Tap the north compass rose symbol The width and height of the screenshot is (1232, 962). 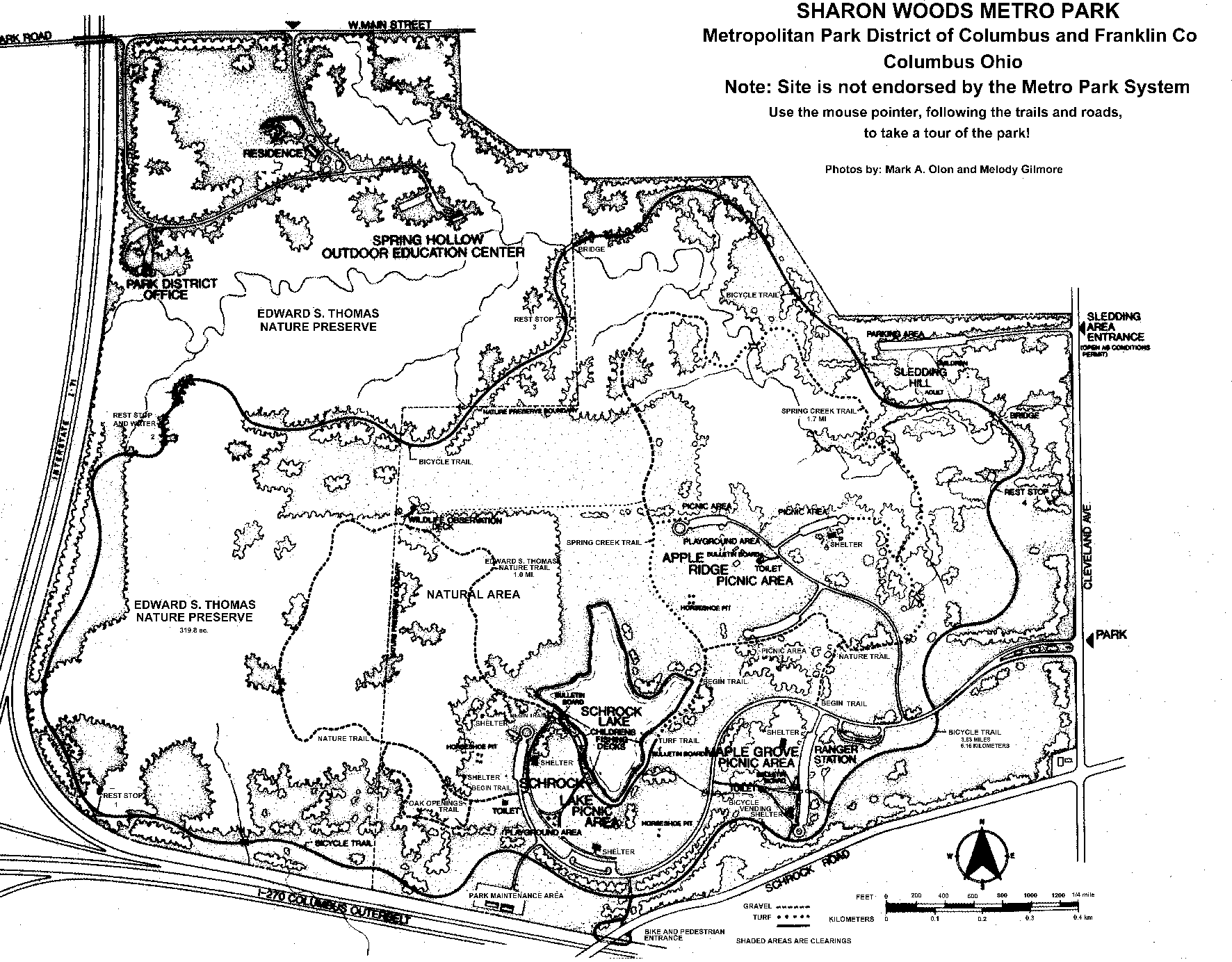[x=981, y=857]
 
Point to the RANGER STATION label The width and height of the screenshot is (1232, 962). [x=835, y=755]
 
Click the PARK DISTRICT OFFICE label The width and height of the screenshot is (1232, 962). [x=170, y=289]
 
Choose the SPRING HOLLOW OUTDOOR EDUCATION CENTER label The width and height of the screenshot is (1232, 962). [x=423, y=246]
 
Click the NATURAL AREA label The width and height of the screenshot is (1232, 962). [x=473, y=594]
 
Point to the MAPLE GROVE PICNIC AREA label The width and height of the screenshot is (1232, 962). [x=749, y=758]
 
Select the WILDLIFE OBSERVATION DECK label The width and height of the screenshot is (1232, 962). [x=454, y=523]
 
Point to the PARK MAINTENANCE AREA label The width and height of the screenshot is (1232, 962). [x=516, y=895]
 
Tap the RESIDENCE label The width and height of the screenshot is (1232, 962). [x=273, y=153]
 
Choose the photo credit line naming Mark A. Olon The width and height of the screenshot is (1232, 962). [x=943, y=169]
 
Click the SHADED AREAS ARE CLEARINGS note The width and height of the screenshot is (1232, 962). [x=793, y=941]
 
